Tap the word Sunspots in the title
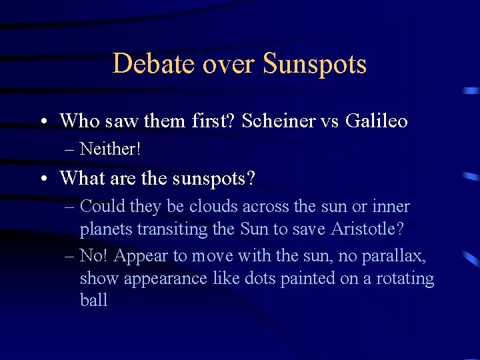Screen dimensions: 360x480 (315, 64)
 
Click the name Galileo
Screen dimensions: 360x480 (377, 121)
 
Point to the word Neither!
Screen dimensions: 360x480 (110, 149)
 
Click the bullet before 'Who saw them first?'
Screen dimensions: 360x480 (42, 122)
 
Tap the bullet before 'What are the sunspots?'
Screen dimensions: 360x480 (42, 179)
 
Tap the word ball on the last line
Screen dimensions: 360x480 (93, 301)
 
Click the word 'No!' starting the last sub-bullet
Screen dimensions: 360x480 (93, 255)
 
